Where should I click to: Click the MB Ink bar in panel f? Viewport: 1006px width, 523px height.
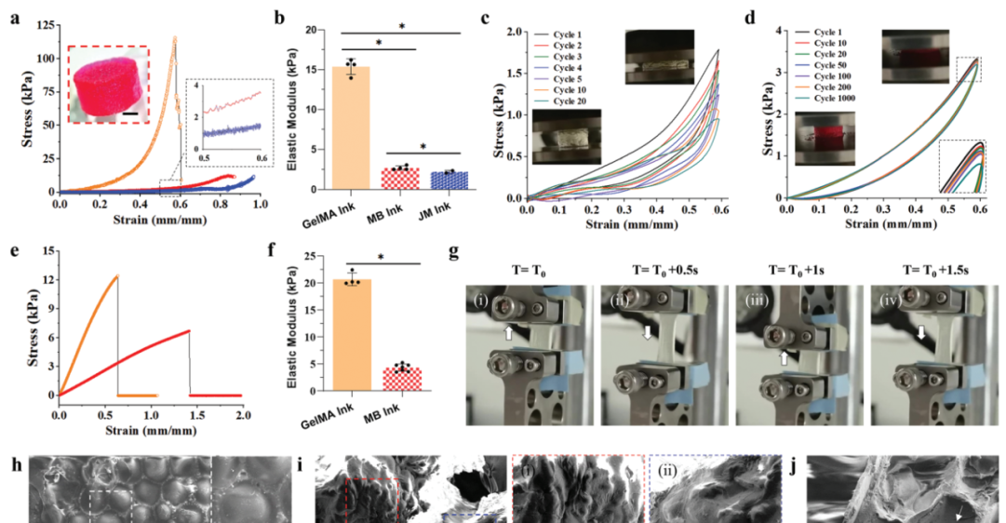pyautogui.click(x=403, y=384)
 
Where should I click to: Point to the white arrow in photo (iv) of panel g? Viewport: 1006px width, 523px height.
pyautogui.click(x=920, y=331)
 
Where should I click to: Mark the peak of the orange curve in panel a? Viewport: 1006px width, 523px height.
pyautogui.click(x=174, y=38)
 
